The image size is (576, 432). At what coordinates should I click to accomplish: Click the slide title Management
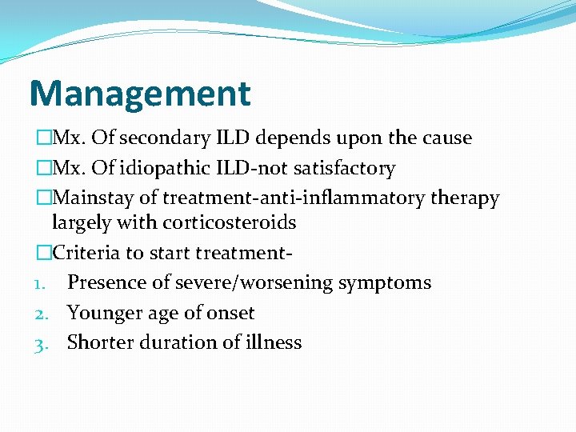(x=139, y=93)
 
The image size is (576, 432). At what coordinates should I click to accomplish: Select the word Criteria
(x=82, y=253)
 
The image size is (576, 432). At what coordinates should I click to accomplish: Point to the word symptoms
(x=391, y=283)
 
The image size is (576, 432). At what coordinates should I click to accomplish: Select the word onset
(x=230, y=313)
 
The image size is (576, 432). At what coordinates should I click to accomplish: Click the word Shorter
(x=100, y=342)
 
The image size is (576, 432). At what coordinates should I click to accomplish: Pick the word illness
(x=274, y=342)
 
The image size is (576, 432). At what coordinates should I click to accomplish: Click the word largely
(x=79, y=223)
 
